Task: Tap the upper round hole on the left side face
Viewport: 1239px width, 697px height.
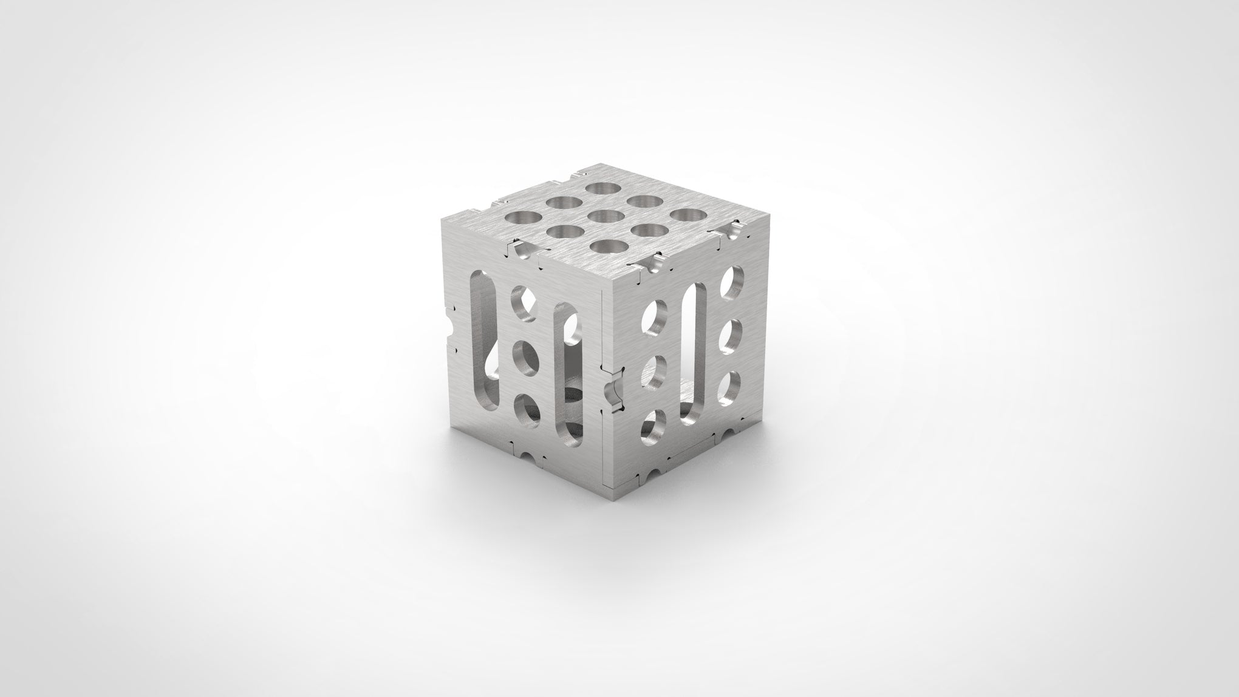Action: tap(524, 303)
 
